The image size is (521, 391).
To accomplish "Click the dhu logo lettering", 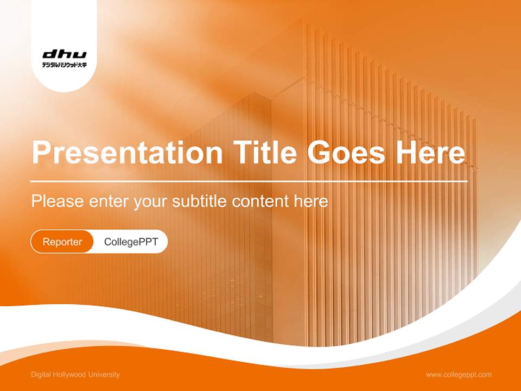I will [64, 54].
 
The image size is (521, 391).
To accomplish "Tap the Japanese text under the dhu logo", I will [64, 65].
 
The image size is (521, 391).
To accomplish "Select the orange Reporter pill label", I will [62, 242].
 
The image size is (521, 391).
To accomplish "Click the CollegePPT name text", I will [131, 242].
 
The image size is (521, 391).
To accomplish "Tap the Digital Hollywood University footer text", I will [75, 375].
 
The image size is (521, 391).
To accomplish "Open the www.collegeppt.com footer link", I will [459, 375].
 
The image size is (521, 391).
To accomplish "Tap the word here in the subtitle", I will [311, 201].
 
